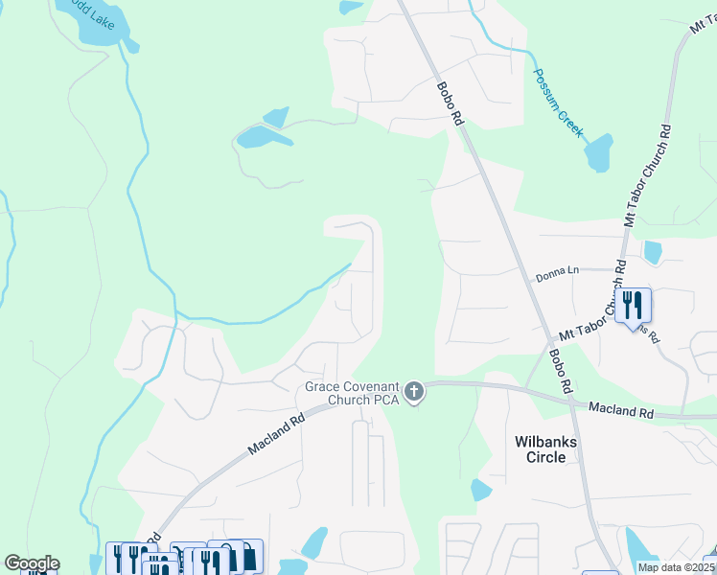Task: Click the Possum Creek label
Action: pyautogui.click(x=558, y=102)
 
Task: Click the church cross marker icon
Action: pyautogui.click(x=414, y=390)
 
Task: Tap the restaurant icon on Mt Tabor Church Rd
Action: pyautogui.click(x=632, y=305)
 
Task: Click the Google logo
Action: pyautogui.click(x=32, y=563)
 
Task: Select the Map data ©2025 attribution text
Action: pyautogui.click(x=677, y=567)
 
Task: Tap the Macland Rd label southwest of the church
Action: pyautogui.click(x=274, y=433)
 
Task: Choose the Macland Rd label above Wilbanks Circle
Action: pyautogui.click(x=620, y=410)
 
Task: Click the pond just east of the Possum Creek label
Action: pyautogui.click(x=598, y=152)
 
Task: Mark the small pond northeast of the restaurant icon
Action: pyautogui.click(x=653, y=252)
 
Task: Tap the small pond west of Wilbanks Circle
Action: pyautogui.click(x=480, y=491)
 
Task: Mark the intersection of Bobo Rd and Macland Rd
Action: pyautogui.click(x=571, y=403)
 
